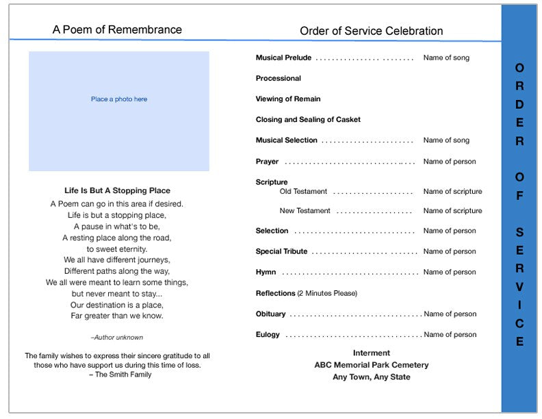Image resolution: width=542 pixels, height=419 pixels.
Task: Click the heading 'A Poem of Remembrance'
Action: (117, 29)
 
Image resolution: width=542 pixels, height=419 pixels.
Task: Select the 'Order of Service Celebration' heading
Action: (371, 31)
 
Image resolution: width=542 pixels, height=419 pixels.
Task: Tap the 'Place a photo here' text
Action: (119, 99)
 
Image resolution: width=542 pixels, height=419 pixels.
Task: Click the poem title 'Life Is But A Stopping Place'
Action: (117, 190)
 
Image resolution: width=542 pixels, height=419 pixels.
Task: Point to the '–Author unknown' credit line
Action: (117, 338)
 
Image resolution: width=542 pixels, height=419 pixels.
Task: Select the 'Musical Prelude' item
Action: (283, 58)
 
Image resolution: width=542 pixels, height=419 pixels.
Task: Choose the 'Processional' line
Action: (278, 79)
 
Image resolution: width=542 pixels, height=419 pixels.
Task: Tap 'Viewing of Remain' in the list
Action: (287, 99)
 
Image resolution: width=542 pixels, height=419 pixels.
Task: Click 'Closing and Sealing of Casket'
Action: (308, 120)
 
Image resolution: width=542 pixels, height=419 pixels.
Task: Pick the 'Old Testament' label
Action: (303, 192)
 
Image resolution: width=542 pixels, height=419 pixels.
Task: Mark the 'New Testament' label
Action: (305, 211)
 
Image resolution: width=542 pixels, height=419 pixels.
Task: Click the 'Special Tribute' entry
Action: (281, 251)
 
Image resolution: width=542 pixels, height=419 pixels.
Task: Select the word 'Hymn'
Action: (266, 272)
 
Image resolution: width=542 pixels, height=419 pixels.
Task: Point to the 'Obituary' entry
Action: (270, 314)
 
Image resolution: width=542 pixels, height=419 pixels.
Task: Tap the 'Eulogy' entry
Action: (268, 335)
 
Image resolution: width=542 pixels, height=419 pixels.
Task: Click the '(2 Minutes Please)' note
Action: (327, 293)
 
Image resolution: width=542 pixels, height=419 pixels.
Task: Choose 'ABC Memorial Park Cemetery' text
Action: (371, 365)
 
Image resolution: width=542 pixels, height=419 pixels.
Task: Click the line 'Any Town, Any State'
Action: (371, 377)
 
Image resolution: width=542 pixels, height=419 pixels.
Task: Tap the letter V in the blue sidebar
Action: (519, 286)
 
